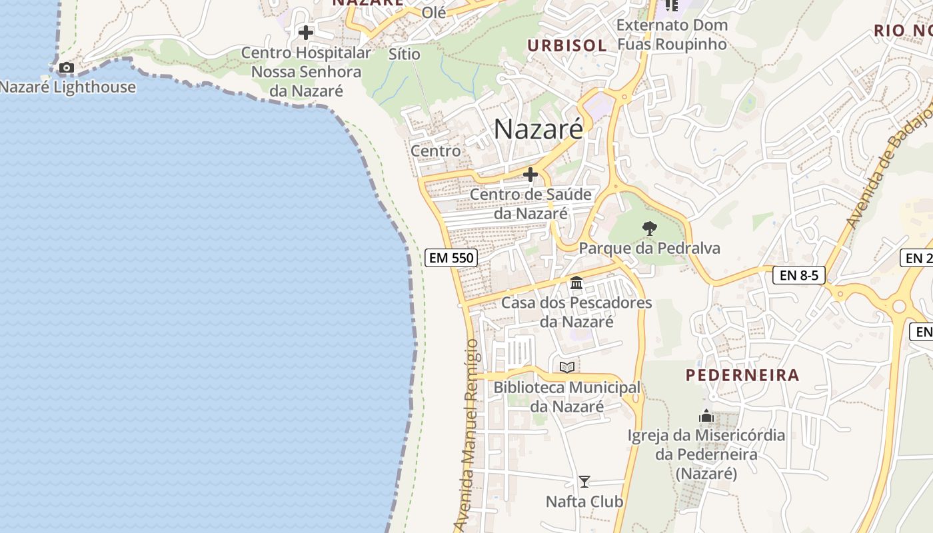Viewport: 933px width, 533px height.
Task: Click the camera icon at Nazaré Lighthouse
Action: coord(66,67)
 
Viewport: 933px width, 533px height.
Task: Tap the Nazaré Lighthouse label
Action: coord(68,87)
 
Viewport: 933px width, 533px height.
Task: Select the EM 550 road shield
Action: coord(451,258)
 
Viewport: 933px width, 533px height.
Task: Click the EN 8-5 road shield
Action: coord(799,274)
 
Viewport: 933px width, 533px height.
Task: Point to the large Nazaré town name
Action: coord(538,129)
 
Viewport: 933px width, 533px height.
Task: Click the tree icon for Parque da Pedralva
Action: coord(649,229)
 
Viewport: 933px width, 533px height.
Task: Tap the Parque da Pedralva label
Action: coord(649,249)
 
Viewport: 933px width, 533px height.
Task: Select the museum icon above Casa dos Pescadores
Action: coord(576,283)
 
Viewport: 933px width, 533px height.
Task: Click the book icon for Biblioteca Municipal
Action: coord(567,367)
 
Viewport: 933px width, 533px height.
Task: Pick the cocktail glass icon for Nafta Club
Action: coord(584,481)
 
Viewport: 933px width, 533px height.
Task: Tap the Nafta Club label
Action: coord(584,501)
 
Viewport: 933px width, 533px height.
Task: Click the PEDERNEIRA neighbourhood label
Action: coord(742,375)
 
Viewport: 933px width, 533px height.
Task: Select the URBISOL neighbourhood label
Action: coord(567,45)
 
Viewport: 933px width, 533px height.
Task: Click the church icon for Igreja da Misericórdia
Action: coord(706,416)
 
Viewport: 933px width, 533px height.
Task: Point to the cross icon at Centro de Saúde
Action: coord(530,175)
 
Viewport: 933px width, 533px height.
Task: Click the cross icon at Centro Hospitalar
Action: coord(306,32)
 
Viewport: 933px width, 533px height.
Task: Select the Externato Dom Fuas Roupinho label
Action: coord(672,35)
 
